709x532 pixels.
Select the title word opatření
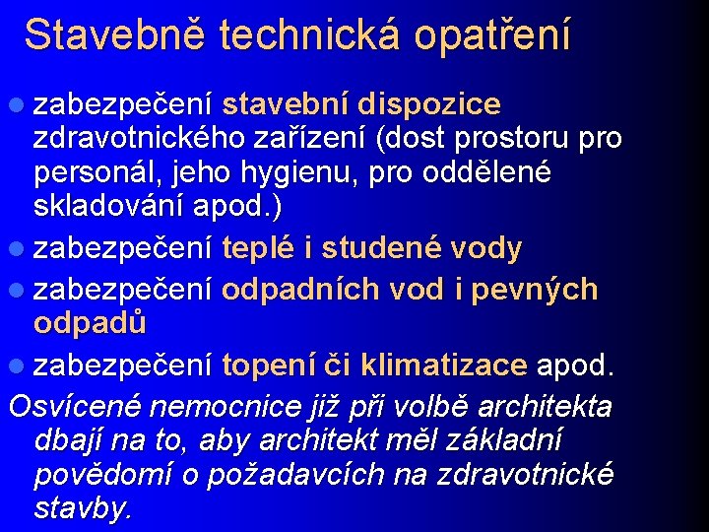click(491, 35)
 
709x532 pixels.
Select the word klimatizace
click(444, 366)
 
